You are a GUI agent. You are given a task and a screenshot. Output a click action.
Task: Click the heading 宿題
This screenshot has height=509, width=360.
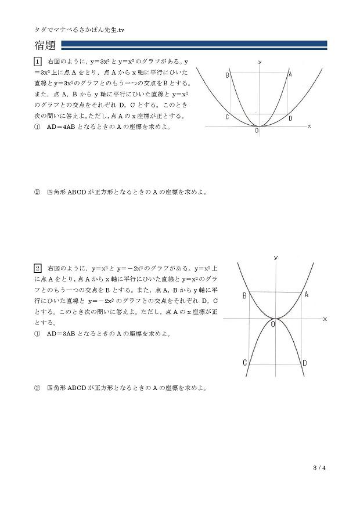pos(46,45)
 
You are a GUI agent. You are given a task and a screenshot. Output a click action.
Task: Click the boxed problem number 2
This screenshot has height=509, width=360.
pos(38,268)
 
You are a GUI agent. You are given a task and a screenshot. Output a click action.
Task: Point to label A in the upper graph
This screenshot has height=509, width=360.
pos(290,74)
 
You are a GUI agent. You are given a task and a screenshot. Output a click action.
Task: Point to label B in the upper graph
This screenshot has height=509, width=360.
pos(228,75)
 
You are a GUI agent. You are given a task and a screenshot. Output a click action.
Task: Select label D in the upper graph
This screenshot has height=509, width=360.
pos(291,118)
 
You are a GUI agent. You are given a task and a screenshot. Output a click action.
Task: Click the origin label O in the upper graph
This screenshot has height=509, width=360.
pos(257,132)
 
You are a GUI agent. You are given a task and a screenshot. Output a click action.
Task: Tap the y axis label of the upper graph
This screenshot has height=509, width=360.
pos(259,61)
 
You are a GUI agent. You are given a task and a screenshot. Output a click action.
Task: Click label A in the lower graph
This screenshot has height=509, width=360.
pos(306,295)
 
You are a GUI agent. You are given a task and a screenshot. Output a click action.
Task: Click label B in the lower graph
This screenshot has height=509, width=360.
pos(244,296)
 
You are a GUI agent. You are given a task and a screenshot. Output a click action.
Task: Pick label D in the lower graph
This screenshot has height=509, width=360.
pos(305,363)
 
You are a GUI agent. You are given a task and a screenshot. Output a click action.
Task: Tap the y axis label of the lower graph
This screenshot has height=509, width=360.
pos(275,257)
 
